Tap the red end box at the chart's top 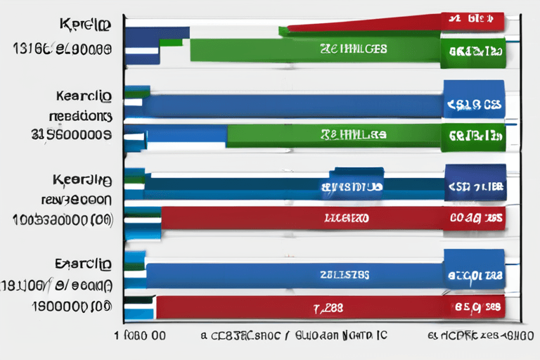pos(472,20)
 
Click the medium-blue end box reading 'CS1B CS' pos(473,105)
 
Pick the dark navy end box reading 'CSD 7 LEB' pos(475,187)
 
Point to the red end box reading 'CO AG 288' pos(475,218)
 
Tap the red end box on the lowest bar pos(475,307)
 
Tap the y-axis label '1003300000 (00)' pos(63,219)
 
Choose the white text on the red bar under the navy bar pos(347,218)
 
